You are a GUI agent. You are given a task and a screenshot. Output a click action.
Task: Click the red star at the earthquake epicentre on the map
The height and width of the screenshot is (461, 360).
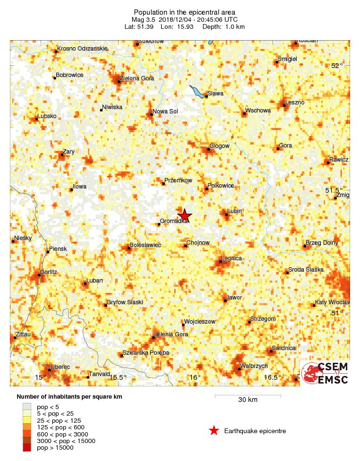click(185, 215)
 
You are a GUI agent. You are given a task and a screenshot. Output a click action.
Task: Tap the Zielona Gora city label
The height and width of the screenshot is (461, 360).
click(137, 78)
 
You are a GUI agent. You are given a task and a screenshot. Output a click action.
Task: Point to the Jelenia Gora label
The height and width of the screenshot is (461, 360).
click(172, 334)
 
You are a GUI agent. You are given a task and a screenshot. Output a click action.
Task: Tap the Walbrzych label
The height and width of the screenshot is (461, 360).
click(254, 366)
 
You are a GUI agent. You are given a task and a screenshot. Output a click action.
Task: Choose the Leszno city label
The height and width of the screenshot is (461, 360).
click(295, 102)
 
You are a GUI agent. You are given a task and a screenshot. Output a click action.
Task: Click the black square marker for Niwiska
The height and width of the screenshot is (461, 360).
click(102, 111)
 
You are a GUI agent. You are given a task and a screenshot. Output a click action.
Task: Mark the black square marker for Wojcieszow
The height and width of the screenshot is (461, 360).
click(183, 324)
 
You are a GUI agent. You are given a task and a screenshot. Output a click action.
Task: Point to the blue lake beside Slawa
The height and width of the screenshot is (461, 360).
click(197, 91)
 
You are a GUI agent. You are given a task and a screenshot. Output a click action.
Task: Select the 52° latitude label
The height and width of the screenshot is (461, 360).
click(337, 66)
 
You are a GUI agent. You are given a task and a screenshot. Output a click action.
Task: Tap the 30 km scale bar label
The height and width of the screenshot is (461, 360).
click(248, 400)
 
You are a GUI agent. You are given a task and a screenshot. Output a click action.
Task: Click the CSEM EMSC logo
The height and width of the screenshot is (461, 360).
click(325, 373)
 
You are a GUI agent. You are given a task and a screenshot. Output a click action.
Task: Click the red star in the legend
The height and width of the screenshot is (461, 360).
click(214, 430)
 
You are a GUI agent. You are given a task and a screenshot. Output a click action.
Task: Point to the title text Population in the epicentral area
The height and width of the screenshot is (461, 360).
click(185, 12)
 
